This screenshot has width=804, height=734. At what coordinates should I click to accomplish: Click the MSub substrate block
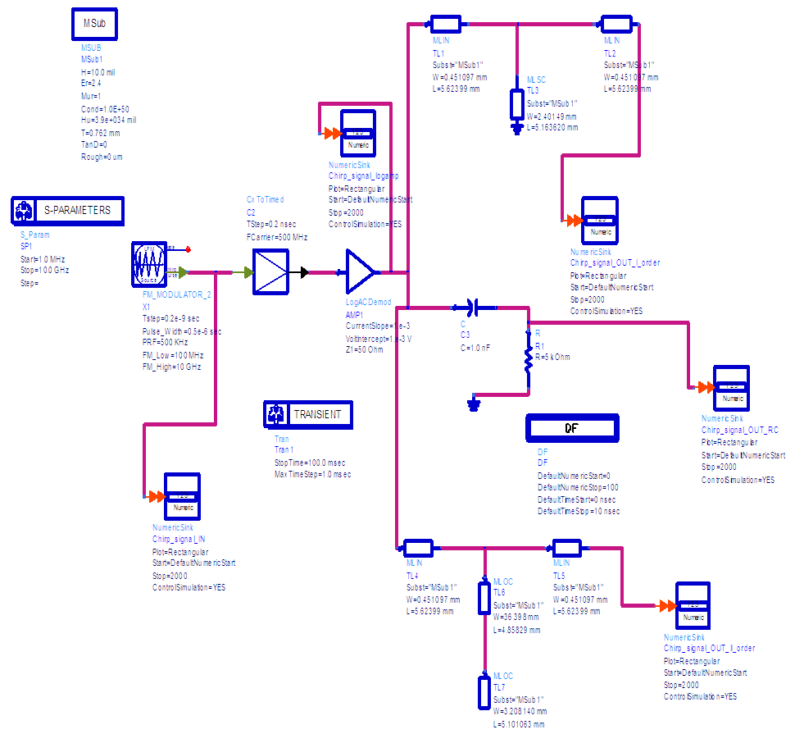94,25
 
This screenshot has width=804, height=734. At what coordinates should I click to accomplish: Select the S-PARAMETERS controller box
67,211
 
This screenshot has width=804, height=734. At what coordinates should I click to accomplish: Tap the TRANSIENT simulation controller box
309,415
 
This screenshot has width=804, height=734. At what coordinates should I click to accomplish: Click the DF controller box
571,428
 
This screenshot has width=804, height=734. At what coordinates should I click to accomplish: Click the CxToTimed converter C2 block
270,272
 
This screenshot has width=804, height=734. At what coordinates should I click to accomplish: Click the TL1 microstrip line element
447,24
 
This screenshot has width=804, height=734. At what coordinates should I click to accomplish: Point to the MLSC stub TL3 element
516,104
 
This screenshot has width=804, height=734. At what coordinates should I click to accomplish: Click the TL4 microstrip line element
418,547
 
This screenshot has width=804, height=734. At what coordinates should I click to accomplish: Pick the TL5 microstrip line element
566,547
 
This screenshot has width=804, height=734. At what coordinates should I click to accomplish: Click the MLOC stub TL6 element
484,596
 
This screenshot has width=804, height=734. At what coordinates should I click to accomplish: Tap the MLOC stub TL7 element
484,691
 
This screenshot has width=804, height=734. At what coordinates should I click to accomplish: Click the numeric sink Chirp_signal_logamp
357,133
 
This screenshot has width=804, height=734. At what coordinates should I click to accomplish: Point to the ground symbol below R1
473,404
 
